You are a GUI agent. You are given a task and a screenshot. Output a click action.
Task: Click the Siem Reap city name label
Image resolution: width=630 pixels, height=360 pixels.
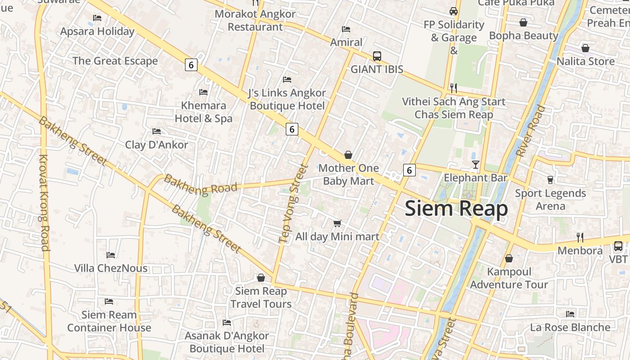point(456,209)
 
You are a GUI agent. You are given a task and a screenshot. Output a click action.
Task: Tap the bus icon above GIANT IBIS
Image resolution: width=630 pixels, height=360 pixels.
point(377,56)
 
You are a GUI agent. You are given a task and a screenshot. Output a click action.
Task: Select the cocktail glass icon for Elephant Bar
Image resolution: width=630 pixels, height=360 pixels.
point(476,165)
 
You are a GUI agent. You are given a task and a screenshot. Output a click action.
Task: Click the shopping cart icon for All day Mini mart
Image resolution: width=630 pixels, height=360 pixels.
point(337,223)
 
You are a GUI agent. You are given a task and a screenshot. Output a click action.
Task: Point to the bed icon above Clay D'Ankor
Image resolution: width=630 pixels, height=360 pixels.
point(157,131)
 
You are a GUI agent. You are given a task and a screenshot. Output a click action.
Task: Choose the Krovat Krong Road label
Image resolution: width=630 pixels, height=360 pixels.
point(44,202)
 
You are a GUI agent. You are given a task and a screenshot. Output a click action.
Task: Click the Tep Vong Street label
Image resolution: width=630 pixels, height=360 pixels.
point(293,203)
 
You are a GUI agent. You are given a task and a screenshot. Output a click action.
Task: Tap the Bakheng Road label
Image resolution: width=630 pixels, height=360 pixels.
point(200,185)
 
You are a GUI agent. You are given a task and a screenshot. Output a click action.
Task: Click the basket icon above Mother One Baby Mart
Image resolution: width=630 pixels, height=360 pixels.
point(348,155)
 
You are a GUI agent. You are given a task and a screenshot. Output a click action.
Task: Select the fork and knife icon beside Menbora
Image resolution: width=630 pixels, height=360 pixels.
point(580,237)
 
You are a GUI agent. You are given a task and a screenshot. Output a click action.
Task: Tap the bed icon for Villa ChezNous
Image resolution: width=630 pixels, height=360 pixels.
point(111,255)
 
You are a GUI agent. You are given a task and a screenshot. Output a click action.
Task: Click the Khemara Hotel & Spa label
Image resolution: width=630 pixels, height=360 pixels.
point(203,112)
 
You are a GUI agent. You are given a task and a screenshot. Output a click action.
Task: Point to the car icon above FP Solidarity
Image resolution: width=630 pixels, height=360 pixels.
point(454,11)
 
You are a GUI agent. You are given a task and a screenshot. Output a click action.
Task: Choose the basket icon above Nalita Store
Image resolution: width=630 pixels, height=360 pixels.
point(585,48)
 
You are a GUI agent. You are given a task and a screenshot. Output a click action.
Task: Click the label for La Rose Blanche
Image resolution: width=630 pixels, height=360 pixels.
point(570,327)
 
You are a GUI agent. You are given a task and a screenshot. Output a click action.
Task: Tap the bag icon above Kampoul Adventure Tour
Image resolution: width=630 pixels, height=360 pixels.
point(509,258)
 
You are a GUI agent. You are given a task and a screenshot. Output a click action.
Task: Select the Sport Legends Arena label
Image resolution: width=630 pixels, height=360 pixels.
point(550,199)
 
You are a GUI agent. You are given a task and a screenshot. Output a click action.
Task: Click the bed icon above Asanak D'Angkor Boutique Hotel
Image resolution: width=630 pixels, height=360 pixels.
point(227,323)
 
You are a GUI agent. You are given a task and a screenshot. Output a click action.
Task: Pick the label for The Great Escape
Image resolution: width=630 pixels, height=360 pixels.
point(115,61)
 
